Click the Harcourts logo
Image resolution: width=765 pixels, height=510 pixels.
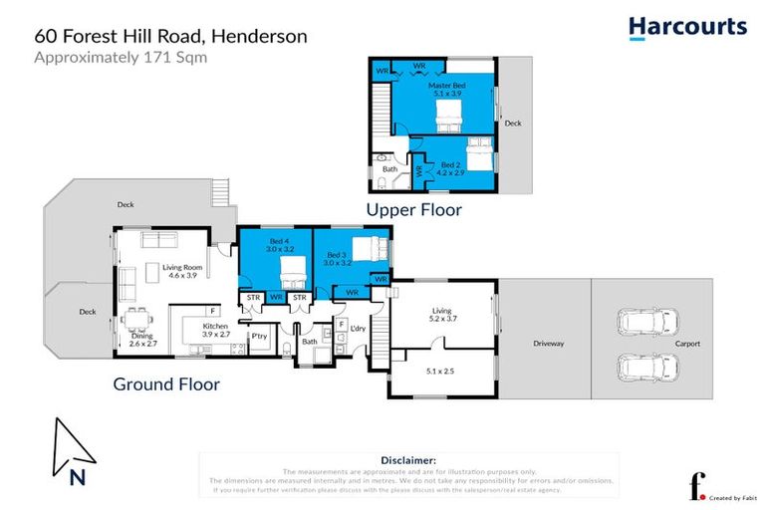click(x=687, y=27)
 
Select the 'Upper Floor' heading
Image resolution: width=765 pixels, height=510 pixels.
click(x=413, y=210)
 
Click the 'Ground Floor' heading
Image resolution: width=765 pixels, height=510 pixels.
click(x=166, y=383)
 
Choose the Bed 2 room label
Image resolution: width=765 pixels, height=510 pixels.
click(x=451, y=168)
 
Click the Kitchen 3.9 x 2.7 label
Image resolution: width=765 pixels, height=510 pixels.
click(x=216, y=331)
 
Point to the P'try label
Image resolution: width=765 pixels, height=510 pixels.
click(x=260, y=337)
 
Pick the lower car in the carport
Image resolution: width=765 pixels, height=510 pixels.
click(x=650, y=367)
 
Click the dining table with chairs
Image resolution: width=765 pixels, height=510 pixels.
click(x=138, y=319)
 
